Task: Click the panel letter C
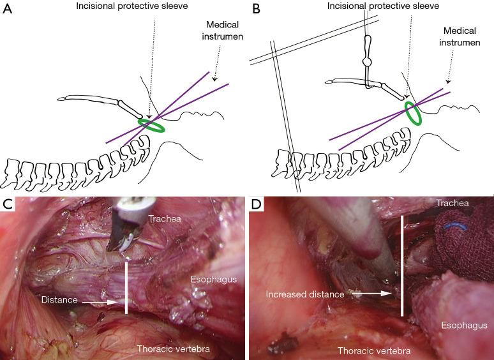pyautogui.click(x=7, y=205)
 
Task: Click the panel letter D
pyautogui.click(x=255, y=205)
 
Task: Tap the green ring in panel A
pyautogui.click(x=152, y=124)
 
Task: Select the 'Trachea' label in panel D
pyautogui.click(x=454, y=203)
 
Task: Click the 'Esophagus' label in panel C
pyautogui.click(x=213, y=279)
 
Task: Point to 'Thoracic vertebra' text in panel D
pyautogui.click(x=373, y=350)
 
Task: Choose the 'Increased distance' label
pyautogui.click(x=305, y=294)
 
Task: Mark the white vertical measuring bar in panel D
pyautogui.click(x=401, y=266)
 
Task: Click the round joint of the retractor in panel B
pyautogui.click(x=366, y=64)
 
